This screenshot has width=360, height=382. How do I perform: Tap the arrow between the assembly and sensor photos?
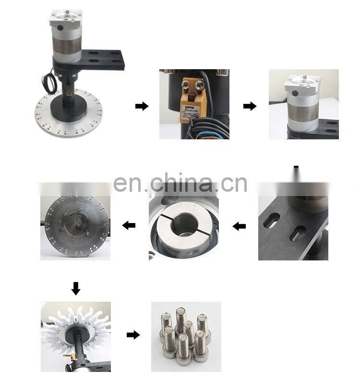pos(142,106)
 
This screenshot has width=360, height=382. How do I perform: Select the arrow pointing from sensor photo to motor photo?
pos(250,106)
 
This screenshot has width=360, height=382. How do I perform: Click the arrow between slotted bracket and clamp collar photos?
pos(239,226)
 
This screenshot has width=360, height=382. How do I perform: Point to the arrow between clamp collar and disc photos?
pos(129,225)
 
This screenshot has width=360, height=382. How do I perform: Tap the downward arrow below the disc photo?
pos(75,288)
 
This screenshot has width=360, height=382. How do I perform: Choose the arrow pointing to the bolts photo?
pos(133,335)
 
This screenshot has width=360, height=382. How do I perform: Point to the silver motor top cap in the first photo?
pos(65,20)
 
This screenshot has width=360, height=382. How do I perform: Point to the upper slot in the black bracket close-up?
pos(271,221)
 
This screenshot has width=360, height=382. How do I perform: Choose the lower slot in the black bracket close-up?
pos(297,234)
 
